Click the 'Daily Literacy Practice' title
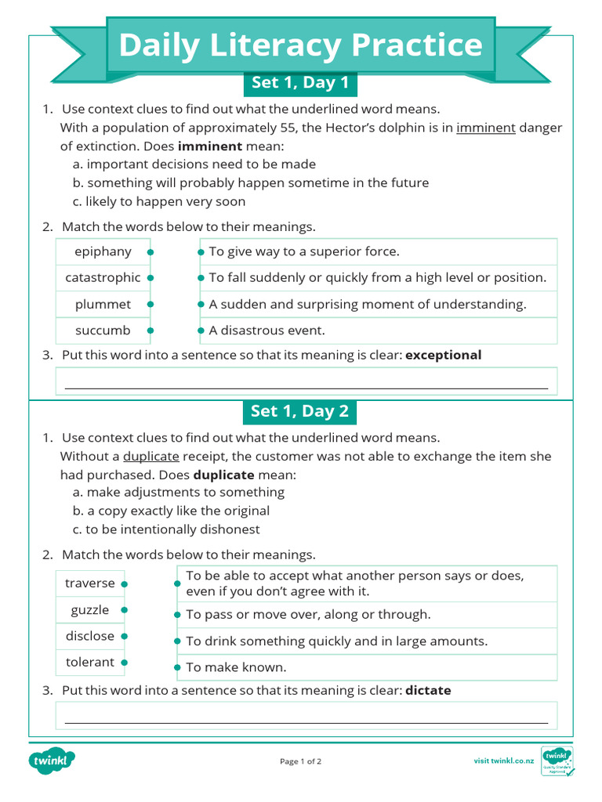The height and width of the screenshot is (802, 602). (300, 45)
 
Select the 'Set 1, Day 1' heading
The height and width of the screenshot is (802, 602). (300, 83)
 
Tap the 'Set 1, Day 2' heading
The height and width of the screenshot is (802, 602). (300, 411)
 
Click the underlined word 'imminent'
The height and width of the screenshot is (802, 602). (486, 128)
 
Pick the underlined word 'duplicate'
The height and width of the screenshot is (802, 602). (151, 456)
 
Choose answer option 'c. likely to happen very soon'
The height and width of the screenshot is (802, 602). (159, 201)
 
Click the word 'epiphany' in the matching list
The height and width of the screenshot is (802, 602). (103, 251)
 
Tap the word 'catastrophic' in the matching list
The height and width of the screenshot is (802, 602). (103, 277)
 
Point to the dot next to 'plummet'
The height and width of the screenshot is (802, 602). (150, 304)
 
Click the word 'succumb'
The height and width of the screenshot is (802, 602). (103, 331)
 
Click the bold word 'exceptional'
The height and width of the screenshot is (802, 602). (443, 355)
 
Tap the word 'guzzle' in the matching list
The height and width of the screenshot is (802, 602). (90, 610)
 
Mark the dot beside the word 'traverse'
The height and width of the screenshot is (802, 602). (125, 583)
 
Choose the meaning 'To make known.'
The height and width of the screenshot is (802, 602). (236, 667)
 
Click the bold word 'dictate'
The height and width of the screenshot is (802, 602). (428, 690)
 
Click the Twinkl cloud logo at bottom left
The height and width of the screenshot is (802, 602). (52, 760)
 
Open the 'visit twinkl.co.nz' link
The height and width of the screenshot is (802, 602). (504, 760)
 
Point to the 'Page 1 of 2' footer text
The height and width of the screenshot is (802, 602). (300, 761)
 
